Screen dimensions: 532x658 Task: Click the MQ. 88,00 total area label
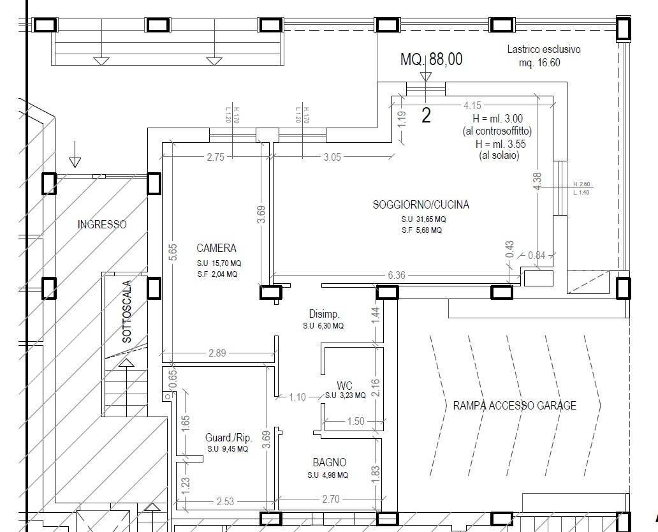coord(432,59)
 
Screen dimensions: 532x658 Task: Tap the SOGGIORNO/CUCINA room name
coord(421,205)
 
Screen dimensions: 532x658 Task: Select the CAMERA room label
coord(216,248)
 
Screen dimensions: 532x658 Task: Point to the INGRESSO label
coord(102,225)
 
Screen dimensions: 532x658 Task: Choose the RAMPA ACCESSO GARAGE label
coord(515,405)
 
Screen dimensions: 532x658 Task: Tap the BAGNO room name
coord(329,462)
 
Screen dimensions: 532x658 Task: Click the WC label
coord(344,386)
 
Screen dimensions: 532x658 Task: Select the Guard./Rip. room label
coord(228,438)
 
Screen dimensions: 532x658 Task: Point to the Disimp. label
coord(324,314)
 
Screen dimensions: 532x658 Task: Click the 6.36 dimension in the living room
coord(396,276)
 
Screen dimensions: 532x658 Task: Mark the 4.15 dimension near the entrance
coord(472,105)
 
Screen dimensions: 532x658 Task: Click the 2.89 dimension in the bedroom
coord(217,353)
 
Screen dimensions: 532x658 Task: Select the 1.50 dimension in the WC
coord(355,421)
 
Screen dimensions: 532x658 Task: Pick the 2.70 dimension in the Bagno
coord(331,499)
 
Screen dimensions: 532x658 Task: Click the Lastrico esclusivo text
coord(544,49)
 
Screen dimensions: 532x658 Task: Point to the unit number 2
coord(426,115)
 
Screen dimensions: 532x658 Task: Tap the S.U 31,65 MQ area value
coord(423,219)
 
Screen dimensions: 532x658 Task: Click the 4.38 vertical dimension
coord(537,181)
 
